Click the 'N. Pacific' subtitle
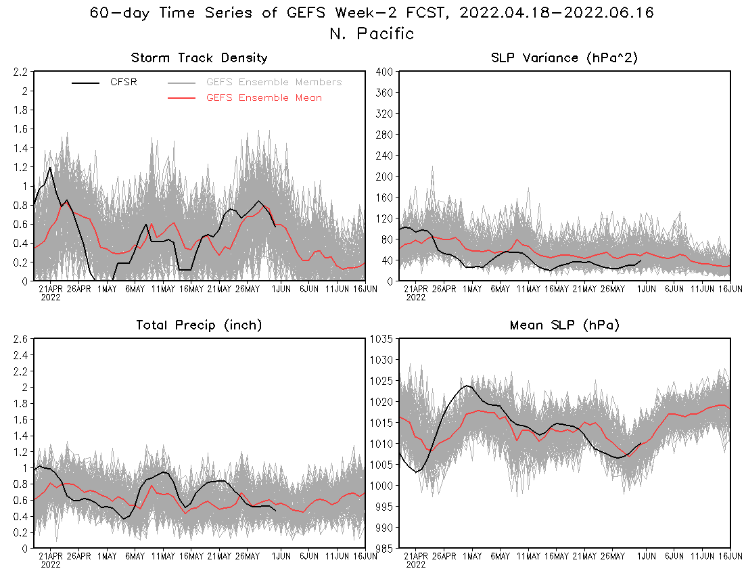coord(372,33)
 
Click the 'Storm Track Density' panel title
coord(199,58)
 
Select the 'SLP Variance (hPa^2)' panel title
coord(565,58)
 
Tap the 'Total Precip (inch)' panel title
coord(199,325)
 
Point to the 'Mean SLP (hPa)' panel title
coord(565,325)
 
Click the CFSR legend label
coord(124,83)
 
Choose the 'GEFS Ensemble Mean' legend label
coord(264,98)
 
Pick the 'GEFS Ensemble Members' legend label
coord(274,83)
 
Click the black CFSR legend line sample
coord(86,83)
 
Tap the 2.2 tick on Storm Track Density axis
coord(19,72)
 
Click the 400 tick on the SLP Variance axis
coord(385,72)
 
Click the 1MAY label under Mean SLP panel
coord(471,556)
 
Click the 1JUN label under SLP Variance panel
coord(647,289)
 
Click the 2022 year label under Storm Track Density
coord(51,296)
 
